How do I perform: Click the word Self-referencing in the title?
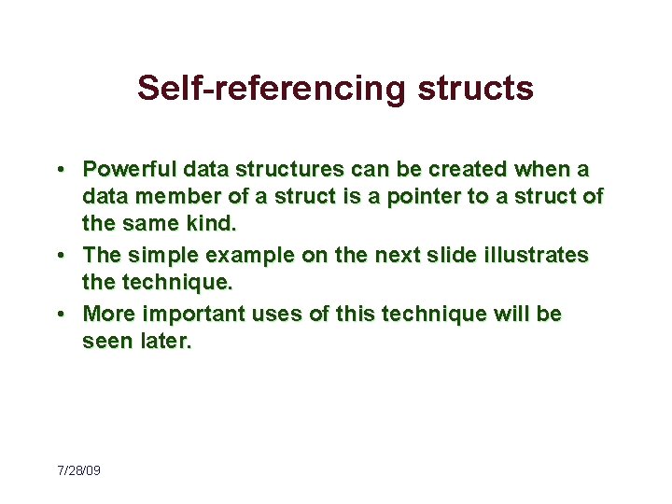272,89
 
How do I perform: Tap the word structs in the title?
475,89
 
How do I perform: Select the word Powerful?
127,169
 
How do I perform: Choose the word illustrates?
538,256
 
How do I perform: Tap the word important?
186,314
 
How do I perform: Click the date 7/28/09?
78,470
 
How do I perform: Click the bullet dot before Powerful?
59,170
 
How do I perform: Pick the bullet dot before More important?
59,315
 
